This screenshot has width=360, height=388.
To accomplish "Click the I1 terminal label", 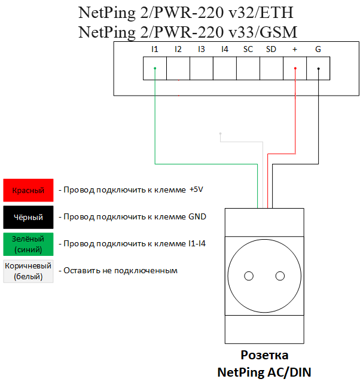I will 154,49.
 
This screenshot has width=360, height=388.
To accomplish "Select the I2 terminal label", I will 178,49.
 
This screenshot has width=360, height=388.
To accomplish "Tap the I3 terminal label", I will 201,49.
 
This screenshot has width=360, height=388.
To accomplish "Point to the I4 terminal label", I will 224,49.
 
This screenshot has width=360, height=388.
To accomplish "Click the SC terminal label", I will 248,49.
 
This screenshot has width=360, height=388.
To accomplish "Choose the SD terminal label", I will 271,49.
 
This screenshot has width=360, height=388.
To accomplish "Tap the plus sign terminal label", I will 294,49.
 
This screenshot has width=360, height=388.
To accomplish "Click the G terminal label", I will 318,49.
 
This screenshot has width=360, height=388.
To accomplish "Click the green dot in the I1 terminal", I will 155,68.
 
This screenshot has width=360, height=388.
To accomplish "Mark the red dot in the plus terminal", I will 295,68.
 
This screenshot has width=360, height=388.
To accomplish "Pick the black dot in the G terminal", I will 318,68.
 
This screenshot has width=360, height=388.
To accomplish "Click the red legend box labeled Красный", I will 28,190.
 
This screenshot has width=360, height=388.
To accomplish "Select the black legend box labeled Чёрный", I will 28,217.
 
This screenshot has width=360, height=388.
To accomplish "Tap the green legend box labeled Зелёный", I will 28,244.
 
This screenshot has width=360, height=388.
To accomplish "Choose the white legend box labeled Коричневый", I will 28,271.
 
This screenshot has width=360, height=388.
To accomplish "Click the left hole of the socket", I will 249,276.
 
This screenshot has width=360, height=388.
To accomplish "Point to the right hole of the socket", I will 279,276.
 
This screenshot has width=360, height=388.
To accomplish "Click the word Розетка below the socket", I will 264,355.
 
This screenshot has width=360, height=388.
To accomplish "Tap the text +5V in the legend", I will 196,190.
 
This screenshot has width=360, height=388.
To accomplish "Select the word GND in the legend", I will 197,216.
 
